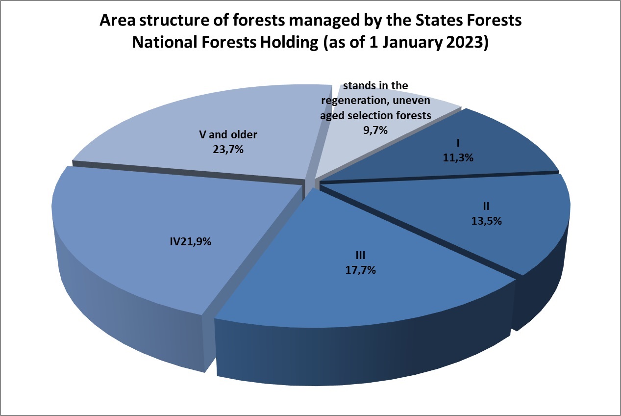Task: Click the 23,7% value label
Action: (x=228, y=150)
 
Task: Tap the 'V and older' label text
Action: (x=228, y=134)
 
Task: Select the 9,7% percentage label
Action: (x=375, y=130)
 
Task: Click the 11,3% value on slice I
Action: (x=458, y=158)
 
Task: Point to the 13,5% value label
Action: (x=486, y=221)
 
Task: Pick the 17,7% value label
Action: (x=360, y=270)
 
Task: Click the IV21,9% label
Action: (x=191, y=242)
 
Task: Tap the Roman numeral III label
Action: (x=360, y=255)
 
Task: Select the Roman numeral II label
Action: (x=486, y=206)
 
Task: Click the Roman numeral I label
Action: (x=458, y=143)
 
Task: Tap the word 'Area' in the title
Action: (x=117, y=21)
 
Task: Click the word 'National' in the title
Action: (x=165, y=43)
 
